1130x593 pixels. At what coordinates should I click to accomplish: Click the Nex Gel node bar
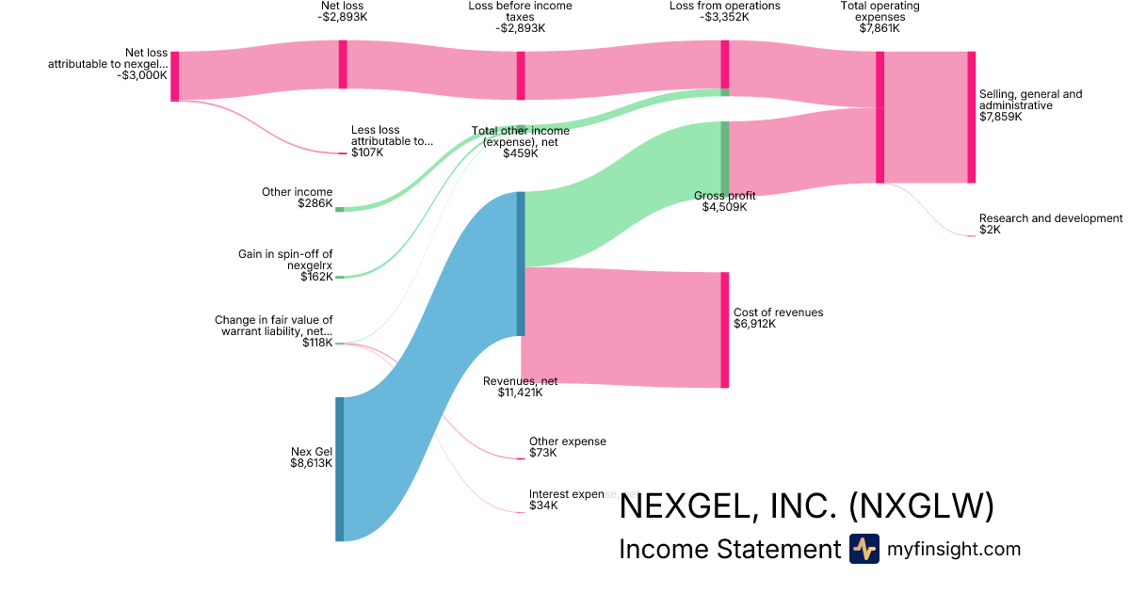pos(339,469)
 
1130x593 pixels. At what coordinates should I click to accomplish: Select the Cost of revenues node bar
pos(725,329)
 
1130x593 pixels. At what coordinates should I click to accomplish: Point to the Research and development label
pos(1050,218)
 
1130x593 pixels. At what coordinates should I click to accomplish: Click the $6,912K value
pos(754,324)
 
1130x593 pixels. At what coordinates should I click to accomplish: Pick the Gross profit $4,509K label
pos(724,201)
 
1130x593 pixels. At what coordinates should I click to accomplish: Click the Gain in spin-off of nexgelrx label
pos(285,260)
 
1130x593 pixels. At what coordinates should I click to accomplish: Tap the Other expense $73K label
pos(567,447)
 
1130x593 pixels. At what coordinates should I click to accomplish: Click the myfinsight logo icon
pos(864,549)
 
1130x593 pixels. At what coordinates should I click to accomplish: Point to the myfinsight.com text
pos(954,549)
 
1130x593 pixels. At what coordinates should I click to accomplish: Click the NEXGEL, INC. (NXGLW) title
pos(806,506)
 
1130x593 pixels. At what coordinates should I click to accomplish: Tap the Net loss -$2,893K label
pos(342,12)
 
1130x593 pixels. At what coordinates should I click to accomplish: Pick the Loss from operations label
pos(724,12)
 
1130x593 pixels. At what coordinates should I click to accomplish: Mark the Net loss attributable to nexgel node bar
pos(174,76)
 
